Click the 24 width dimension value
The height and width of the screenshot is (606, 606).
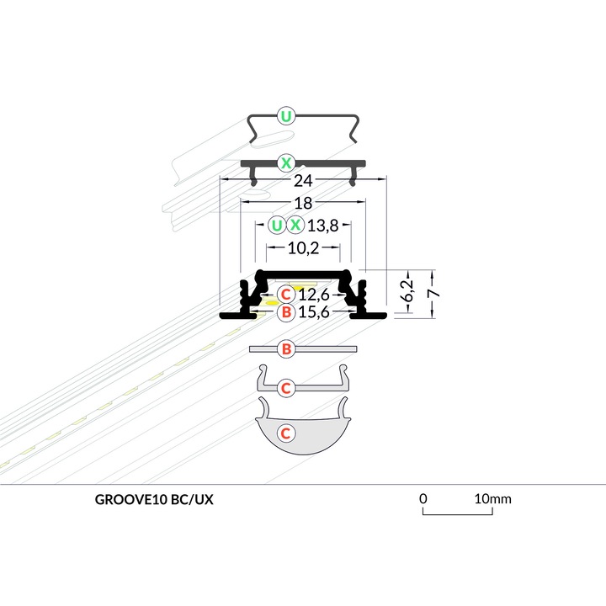coord(303,180)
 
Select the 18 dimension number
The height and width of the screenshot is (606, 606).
coord(303,204)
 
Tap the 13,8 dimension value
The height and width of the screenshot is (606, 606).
coord(323,226)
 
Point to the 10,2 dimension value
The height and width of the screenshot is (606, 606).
coord(303,248)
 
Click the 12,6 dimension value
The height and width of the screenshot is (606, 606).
coord(314,295)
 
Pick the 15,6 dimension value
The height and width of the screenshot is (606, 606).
coord(314,311)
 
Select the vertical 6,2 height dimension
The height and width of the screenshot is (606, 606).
coord(407,290)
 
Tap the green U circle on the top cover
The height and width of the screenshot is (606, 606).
coord(286,116)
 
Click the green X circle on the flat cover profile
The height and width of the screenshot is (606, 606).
coord(286,163)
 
